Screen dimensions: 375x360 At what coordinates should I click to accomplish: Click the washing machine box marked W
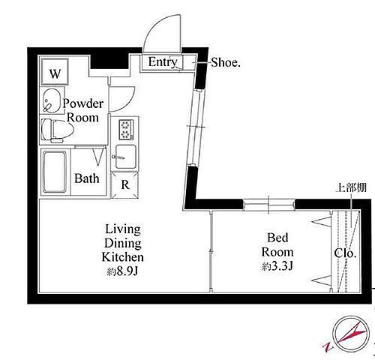[x=55, y=72]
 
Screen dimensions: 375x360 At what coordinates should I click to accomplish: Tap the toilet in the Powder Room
[x=57, y=130]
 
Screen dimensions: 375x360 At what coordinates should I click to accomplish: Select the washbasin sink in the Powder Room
[x=52, y=100]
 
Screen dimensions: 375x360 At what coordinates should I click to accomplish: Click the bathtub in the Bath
[x=55, y=172]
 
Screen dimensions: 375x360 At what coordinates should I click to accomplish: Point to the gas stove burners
[x=127, y=130]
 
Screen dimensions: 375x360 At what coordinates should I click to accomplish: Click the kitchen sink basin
[x=126, y=157]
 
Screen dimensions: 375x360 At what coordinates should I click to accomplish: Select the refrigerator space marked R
[x=124, y=184]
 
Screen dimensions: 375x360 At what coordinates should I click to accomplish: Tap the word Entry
[x=163, y=62]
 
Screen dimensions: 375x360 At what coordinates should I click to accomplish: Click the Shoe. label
[x=226, y=62]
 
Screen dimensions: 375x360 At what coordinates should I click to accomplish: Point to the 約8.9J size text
[x=122, y=271]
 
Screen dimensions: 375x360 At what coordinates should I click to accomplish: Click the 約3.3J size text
[x=277, y=266]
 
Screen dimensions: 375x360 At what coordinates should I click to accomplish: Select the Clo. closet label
[x=345, y=253]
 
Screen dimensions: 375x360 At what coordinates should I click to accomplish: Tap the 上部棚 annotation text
[x=351, y=187]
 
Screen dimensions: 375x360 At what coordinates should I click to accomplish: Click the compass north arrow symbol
[x=351, y=334]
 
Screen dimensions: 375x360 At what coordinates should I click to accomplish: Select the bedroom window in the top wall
[x=269, y=205]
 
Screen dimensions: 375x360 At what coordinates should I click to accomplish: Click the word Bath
[x=87, y=178]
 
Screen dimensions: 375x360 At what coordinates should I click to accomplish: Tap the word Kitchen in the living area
[x=122, y=257]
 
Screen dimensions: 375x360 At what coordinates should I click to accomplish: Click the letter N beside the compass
[x=328, y=347]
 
